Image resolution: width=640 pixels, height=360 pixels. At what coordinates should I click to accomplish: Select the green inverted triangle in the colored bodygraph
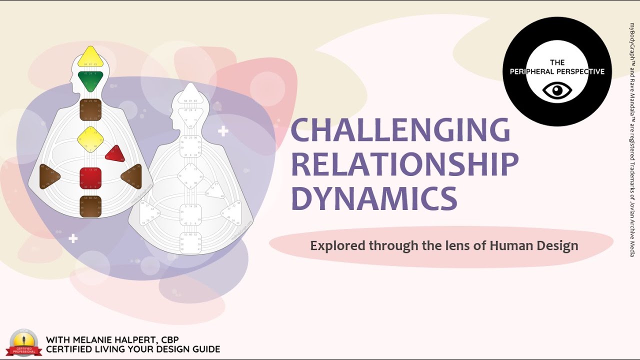tap(90, 80)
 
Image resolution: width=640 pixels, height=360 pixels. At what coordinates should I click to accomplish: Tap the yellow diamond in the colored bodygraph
tap(90, 139)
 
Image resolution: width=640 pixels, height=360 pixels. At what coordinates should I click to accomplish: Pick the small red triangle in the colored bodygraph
tap(115, 154)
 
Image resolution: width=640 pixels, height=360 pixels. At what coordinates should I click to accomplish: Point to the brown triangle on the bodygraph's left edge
tap(49, 176)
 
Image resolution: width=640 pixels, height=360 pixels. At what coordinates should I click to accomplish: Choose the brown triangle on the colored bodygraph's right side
tap(132, 176)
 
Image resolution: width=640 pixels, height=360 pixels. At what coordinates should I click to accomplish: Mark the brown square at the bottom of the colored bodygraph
tap(90, 206)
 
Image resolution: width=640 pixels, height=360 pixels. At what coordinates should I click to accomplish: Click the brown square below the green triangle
tap(90, 110)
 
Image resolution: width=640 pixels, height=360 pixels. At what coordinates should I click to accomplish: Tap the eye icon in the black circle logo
tap(557, 91)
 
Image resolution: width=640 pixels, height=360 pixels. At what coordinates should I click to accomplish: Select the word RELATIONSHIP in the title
tap(404, 164)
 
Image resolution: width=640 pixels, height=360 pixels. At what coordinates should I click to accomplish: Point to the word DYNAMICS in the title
tap(374, 198)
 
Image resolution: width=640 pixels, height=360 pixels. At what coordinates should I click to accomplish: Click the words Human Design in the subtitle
tap(534, 246)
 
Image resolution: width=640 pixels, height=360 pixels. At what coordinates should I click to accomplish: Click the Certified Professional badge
tap(23, 343)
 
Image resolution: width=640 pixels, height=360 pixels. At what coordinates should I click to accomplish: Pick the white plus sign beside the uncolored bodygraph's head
tap(223, 131)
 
